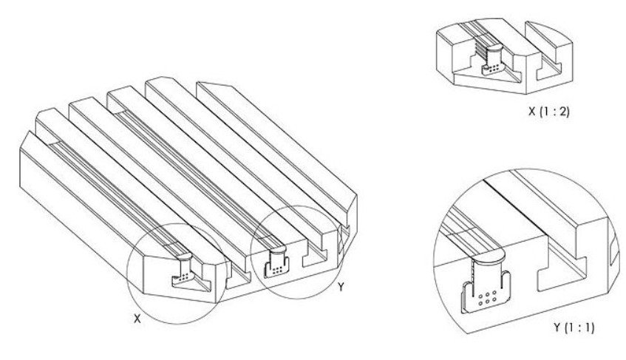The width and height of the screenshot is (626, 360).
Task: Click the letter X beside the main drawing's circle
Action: click(x=137, y=318)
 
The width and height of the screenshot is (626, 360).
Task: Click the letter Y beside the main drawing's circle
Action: click(x=341, y=287)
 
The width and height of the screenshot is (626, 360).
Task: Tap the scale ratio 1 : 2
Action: click(x=554, y=112)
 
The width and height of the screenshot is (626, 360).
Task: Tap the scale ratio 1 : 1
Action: click(x=579, y=327)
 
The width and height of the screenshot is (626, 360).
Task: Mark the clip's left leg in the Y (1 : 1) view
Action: click(x=466, y=297)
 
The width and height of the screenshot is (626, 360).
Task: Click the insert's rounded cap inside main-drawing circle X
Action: click(x=184, y=257)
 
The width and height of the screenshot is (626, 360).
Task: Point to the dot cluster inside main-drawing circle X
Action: click(x=183, y=277)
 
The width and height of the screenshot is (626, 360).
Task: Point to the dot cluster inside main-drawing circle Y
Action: click(x=276, y=271)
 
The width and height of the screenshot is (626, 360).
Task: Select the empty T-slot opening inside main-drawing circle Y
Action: click(x=316, y=259)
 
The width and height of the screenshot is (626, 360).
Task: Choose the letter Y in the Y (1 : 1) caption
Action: click(x=558, y=327)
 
